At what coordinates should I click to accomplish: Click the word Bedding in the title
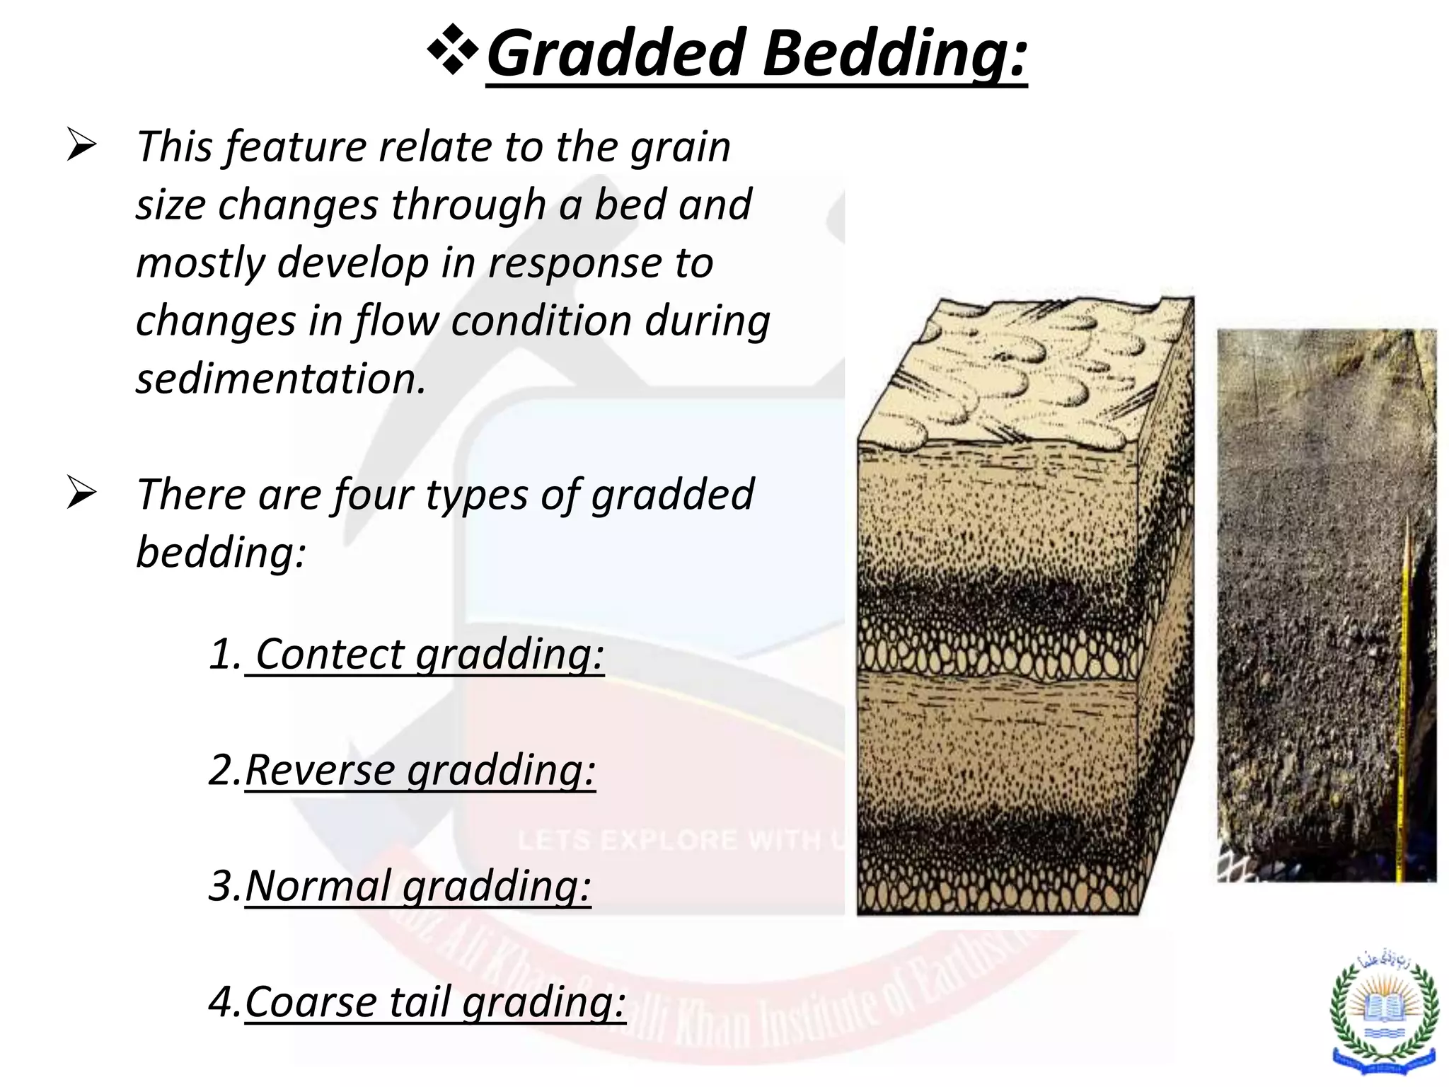[x=895, y=54]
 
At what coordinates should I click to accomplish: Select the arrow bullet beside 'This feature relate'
[x=81, y=144]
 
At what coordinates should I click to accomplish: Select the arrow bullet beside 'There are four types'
[x=81, y=493]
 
